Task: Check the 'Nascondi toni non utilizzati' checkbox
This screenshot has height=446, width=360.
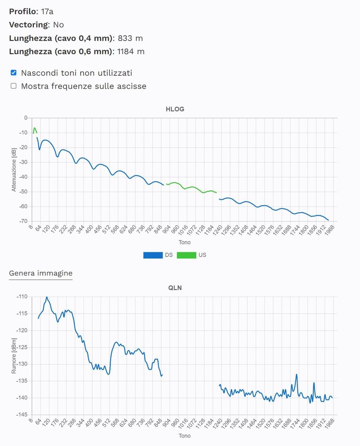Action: (x=14, y=73)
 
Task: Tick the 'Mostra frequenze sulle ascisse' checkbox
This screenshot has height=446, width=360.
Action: (x=14, y=86)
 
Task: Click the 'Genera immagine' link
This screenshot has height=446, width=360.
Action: (x=41, y=273)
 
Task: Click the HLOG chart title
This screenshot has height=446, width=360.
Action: (x=175, y=109)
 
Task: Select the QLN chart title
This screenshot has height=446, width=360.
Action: (x=175, y=287)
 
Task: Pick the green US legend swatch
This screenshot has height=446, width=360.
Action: (x=186, y=255)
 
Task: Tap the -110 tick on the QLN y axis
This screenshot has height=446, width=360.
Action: (x=22, y=297)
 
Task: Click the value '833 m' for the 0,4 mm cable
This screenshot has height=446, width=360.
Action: (x=130, y=38)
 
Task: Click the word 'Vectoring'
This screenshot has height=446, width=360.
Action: (x=28, y=24)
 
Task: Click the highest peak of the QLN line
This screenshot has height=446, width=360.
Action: (x=47, y=297)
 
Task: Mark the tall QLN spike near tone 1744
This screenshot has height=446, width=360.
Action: (x=296, y=375)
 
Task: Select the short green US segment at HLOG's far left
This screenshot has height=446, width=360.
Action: (x=34, y=129)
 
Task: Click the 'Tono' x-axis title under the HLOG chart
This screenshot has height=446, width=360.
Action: (x=184, y=242)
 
